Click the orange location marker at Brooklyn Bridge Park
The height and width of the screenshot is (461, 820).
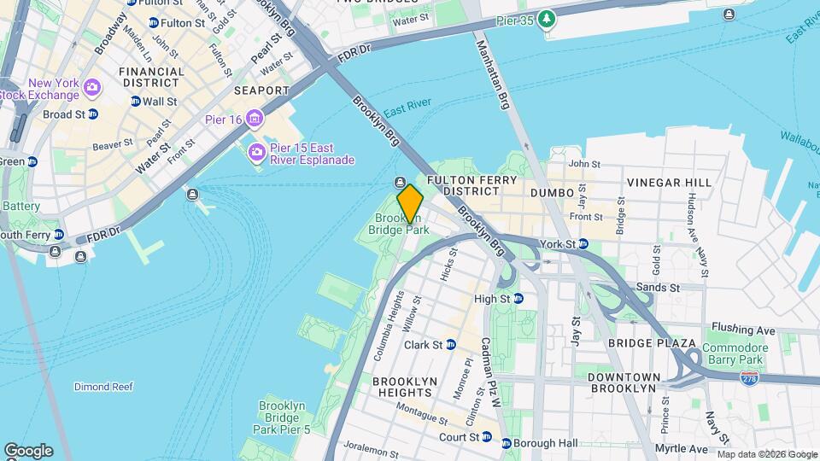(410, 203)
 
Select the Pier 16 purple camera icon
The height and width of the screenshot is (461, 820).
(255, 118)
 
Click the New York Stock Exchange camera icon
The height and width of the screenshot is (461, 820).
(92, 87)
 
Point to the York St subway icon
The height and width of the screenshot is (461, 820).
(583, 244)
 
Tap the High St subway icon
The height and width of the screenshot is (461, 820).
(518, 299)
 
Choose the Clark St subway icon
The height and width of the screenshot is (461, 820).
(450, 345)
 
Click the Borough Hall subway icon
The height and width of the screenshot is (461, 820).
(507, 443)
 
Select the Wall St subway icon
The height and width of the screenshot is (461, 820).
(135, 101)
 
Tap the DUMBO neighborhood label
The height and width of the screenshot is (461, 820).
(553, 194)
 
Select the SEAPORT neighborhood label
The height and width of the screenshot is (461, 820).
(261, 90)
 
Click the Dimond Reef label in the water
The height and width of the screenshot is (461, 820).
(103, 387)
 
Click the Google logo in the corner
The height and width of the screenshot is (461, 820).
(28, 450)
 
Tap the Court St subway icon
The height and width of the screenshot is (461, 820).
(486, 437)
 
